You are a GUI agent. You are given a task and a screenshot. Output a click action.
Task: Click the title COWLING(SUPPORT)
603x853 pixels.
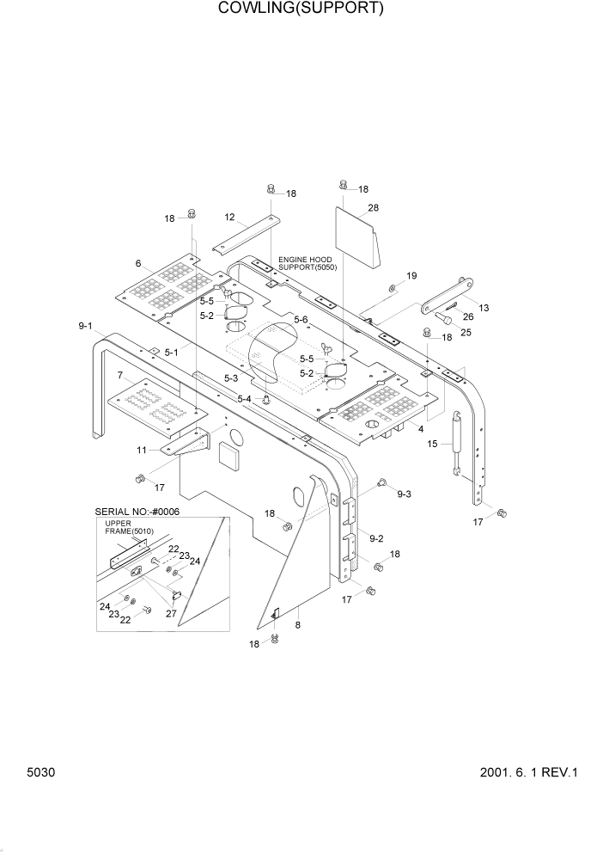[x=301, y=9]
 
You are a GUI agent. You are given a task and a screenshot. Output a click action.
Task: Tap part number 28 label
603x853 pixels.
[x=373, y=208]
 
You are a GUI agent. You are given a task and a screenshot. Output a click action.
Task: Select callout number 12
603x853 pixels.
[x=230, y=218]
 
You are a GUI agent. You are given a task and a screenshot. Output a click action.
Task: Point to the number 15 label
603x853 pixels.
[x=433, y=444]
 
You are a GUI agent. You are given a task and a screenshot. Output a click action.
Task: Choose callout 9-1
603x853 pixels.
[x=85, y=326]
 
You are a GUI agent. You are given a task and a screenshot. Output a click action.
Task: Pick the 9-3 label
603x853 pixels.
[x=404, y=494]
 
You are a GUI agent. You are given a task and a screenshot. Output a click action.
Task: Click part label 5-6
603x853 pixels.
[x=301, y=320]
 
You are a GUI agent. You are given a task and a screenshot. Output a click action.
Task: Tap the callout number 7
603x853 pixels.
[x=120, y=375]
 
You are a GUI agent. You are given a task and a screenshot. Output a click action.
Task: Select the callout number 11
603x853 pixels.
[x=141, y=449]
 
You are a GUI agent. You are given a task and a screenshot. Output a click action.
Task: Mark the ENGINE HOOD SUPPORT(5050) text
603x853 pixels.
[x=308, y=263]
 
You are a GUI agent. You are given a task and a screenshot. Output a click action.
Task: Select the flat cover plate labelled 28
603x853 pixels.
[x=356, y=232]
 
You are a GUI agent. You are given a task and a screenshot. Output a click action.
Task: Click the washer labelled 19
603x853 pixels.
[x=392, y=286]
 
